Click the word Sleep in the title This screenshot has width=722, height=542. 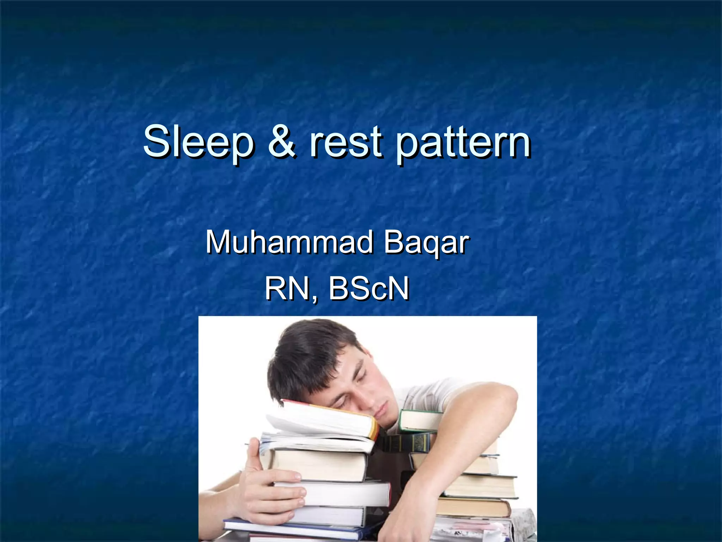[x=197, y=142]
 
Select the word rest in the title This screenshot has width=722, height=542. [x=345, y=142]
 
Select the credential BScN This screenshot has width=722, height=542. [x=369, y=289]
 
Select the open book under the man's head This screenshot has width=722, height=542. [x=324, y=422]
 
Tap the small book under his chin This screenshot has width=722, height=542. [x=420, y=420]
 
